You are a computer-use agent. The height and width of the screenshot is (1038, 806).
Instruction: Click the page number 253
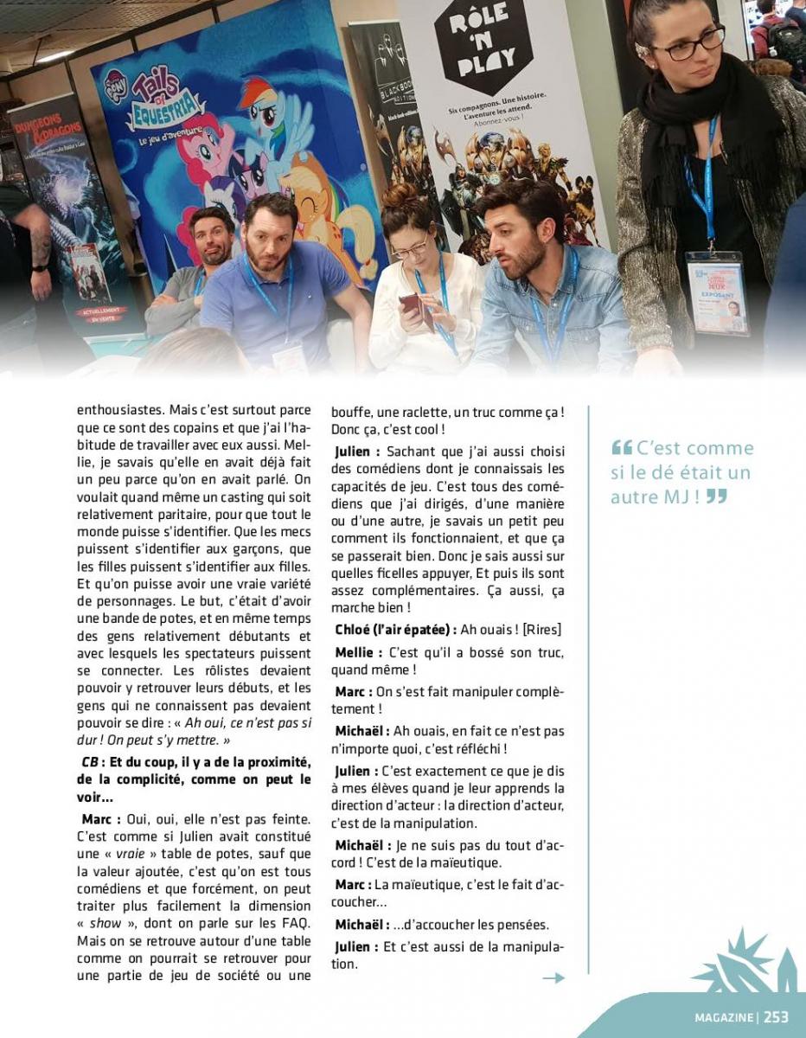pyautogui.click(x=776, y=1017)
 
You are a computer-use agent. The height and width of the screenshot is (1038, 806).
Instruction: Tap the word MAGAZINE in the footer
pyautogui.click(x=724, y=1017)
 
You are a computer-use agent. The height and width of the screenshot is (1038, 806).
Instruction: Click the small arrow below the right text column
pyautogui.click(x=553, y=977)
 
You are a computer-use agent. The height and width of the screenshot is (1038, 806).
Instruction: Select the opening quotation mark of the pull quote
pyautogui.click(x=621, y=448)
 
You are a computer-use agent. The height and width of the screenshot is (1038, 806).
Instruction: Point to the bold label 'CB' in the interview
pyautogui.click(x=89, y=761)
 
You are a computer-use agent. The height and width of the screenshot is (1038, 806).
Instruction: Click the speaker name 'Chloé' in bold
pyautogui.click(x=355, y=629)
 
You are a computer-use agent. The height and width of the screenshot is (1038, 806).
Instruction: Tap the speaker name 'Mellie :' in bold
pyautogui.click(x=358, y=652)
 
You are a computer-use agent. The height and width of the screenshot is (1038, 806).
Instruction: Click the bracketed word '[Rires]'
pyautogui.click(x=542, y=629)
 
